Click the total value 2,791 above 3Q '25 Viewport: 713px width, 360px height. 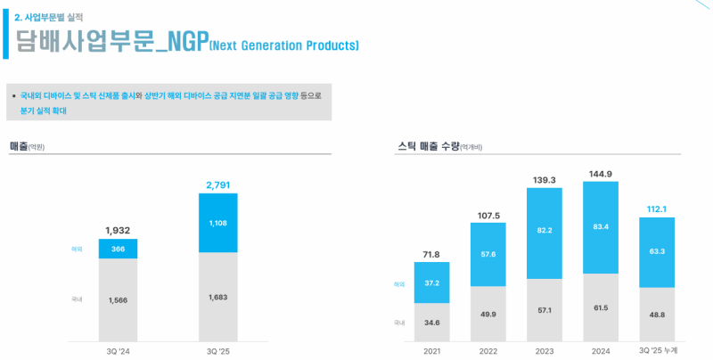218,184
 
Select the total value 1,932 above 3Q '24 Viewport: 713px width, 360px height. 118,231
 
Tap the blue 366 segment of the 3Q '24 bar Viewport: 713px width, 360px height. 118,249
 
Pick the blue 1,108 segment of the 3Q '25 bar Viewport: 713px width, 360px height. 218,223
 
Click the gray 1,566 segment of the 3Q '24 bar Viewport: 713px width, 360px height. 118,299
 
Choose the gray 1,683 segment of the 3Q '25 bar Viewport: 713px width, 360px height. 218,297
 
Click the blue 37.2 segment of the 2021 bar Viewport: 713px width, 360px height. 431,282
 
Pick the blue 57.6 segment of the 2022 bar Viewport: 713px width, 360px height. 488,255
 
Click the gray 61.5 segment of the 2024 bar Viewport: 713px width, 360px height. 601,307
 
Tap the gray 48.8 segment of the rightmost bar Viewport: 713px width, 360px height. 658,314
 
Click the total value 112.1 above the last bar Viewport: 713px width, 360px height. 658,209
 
